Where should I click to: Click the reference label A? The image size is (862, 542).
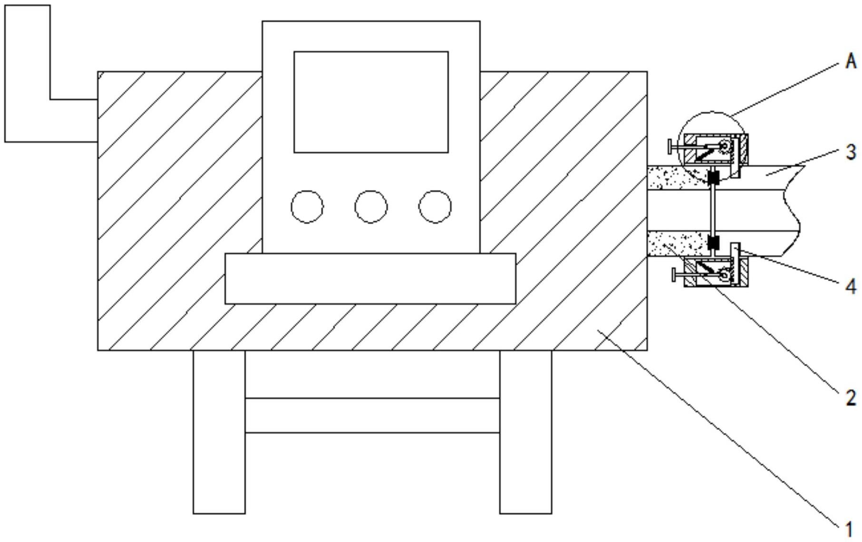851,62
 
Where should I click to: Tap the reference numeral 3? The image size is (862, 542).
851,152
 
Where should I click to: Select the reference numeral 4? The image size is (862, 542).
851,286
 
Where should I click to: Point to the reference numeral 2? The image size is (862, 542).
851,398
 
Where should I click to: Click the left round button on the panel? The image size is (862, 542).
307,207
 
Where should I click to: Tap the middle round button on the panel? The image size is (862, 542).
371,207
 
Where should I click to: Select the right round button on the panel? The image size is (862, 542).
435,207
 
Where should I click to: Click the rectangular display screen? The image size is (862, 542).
371,102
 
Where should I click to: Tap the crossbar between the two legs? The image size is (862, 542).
372,415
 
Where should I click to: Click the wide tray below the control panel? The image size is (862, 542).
370,278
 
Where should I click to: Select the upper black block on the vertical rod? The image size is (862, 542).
713,178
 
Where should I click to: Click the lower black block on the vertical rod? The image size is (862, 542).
713,242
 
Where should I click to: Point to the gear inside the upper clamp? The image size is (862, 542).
724,147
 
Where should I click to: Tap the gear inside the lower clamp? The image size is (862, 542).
724,274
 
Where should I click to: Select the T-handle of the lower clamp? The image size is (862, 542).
674,275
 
